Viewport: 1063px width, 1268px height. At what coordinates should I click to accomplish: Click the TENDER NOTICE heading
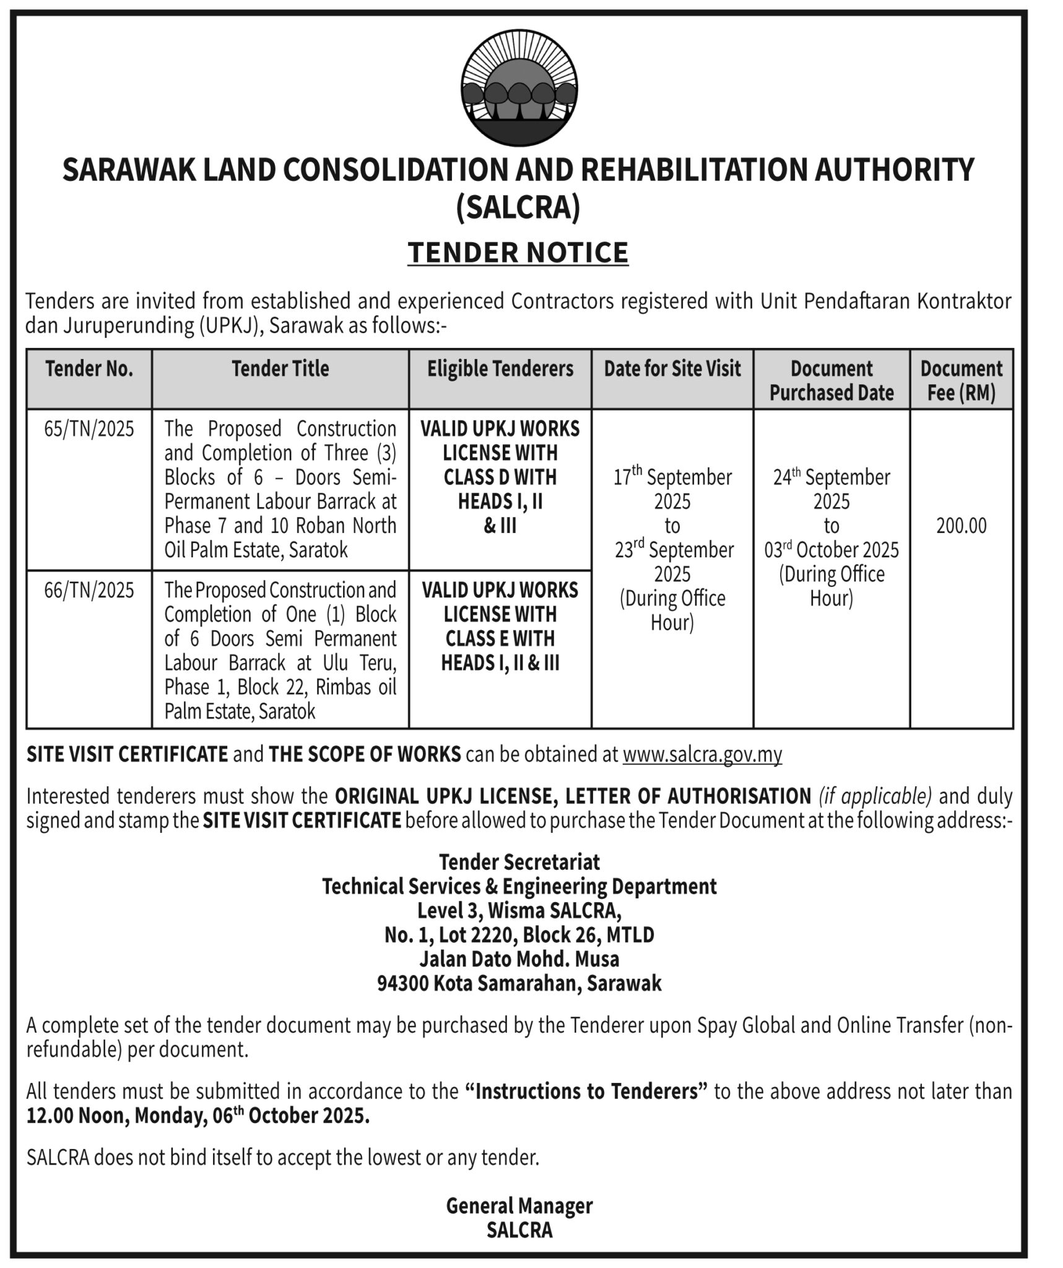point(518,253)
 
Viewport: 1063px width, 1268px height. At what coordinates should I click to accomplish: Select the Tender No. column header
point(89,369)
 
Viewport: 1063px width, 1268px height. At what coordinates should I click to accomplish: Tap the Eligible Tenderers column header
point(500,369)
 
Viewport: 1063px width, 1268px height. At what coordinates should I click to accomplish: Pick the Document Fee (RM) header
point(961,381)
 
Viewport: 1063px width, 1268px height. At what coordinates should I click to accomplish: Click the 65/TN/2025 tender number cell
point(89,429)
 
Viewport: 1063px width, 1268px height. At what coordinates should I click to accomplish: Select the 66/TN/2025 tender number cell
point(89,591)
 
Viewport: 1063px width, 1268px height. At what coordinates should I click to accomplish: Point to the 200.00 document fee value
point(961,526)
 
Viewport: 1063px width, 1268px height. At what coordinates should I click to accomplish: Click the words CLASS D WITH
point(500,477)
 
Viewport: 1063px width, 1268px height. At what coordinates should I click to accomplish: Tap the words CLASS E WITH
point(500,639)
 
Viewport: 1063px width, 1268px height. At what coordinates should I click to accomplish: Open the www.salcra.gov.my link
point(702,755)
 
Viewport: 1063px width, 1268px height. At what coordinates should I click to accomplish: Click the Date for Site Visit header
point(672,369)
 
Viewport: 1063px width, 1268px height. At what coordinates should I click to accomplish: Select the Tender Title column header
point(280,369)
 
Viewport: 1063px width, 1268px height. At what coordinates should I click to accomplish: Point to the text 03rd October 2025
point(831,550)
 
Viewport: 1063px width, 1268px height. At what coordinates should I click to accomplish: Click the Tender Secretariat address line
point(519,862)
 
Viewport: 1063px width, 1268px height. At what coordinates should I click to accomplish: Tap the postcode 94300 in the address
point(403,984)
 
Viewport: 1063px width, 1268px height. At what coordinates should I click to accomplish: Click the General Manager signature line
point(519,1206)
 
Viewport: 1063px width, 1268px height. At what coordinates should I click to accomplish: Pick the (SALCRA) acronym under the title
point(518,207)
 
